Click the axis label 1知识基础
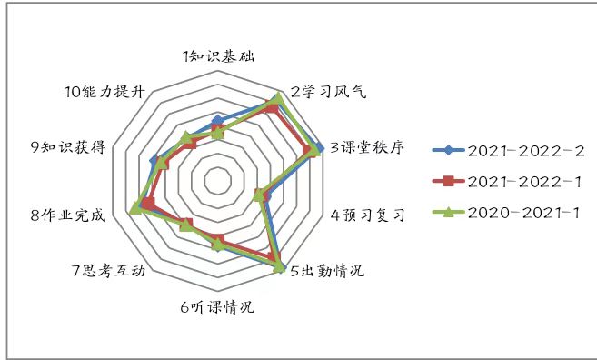click(x=218, y=56)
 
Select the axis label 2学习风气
click(x=328, y=92)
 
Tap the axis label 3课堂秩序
click(x=367, y=147)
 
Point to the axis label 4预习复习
click(x=367, y=215)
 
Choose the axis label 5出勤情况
click(x=327, y=271)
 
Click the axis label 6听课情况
click(x=217, y=306)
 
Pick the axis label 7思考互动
click(x=108, y=271)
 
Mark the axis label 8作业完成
click(x=68, y=215)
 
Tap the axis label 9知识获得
click(x=68, y=147)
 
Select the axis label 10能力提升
click(x=105, y=92)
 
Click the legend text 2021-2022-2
click(x=526, y=151)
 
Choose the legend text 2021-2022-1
click(x=524, y=182)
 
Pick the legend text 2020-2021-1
click(x=523, y=213)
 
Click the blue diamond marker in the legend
click(x=449, y=150)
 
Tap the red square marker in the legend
click(x=449, y=181)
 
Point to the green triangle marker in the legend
click(x=449, y=212)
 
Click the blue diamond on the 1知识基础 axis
click(x=218, y=120)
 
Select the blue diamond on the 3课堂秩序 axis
click(x=319, y=148)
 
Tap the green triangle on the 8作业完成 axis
click(x=134, y=208)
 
